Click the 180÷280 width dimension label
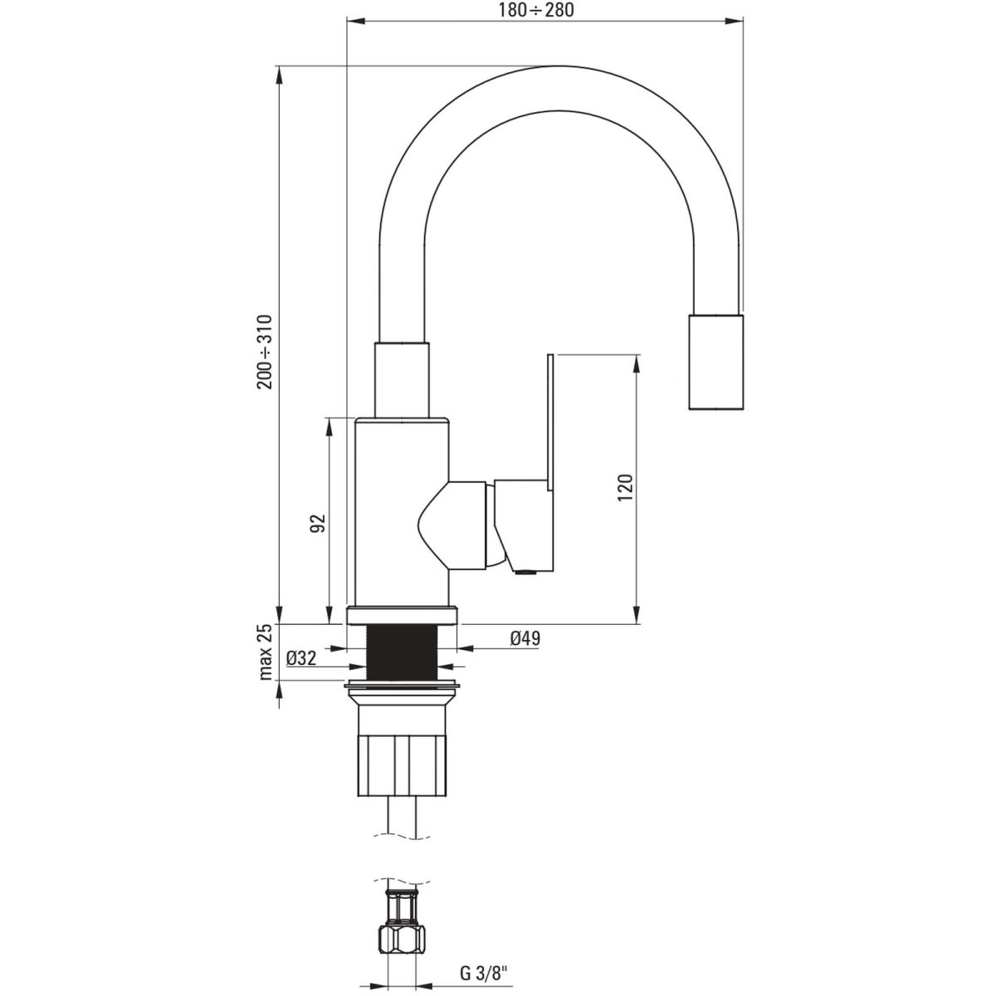(x=536, y=10)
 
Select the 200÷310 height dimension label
(x=265, y=351)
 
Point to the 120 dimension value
(x=625, y=487)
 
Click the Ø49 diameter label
(x=525, y=639)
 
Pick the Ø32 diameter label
(x=301, y=658)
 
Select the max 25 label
(x=265, y=652)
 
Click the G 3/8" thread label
(x=484, y=973)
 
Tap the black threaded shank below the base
(x=402, y=652)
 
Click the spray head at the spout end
(x=716, y=361)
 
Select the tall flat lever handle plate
(x=550, y=422)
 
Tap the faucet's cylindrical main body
(x=402, y=511)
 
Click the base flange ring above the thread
(x=402, y=616)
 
